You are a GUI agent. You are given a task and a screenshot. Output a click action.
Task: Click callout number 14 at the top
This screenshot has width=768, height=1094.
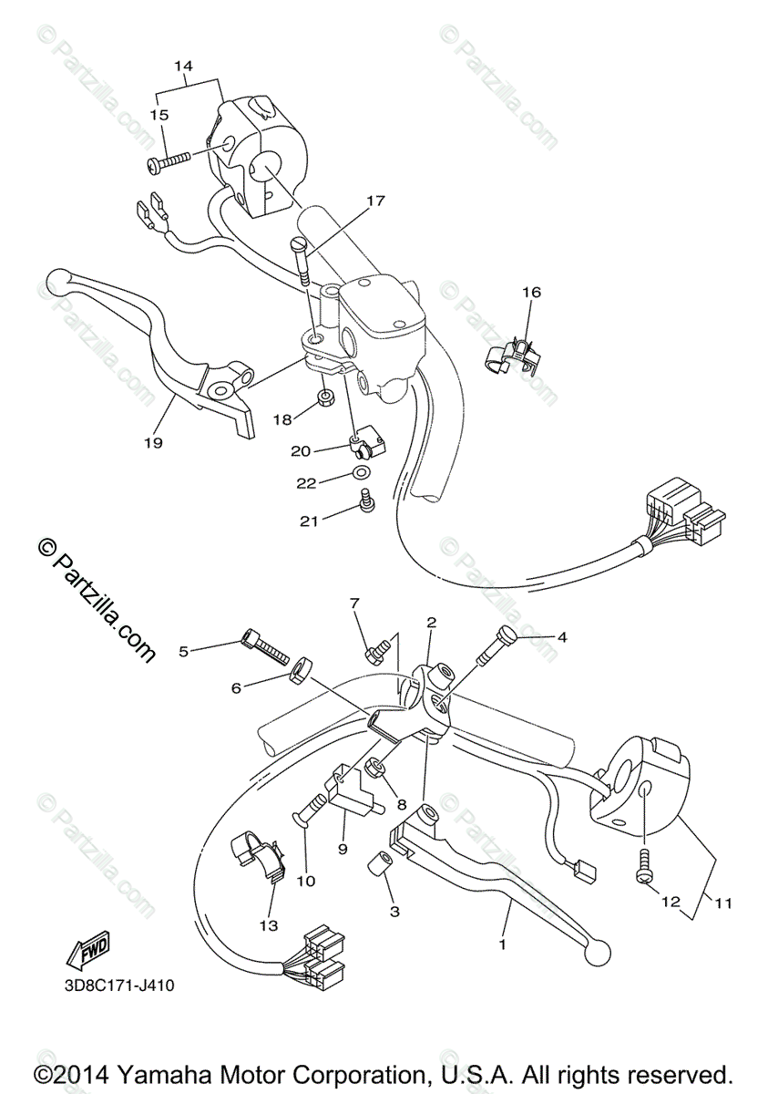pyautogui.click(x=183, y=66)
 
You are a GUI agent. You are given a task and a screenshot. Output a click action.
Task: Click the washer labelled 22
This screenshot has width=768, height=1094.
pyautogui.click(x=359, y=473)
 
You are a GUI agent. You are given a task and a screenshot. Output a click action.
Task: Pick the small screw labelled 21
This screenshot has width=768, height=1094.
pyautogui.click(x=367, y=501)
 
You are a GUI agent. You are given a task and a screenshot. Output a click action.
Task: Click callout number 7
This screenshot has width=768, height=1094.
pyautogui.click(x=354, y=603)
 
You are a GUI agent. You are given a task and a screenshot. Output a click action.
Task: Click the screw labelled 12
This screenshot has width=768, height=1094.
pyautogui.click(x=645, y=863)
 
